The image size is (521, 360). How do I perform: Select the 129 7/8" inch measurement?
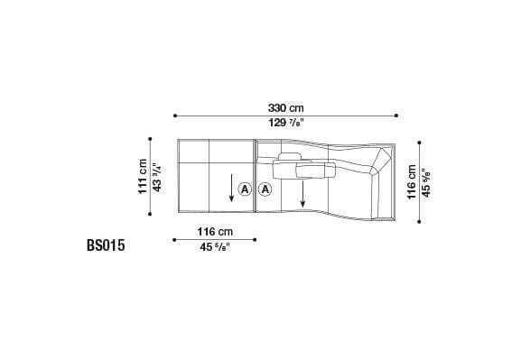coord(284,124)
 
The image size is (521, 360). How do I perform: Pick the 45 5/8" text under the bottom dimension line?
coord(215,247)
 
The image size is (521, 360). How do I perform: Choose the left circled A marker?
coord(245,189)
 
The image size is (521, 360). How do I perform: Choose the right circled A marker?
coord(265,189)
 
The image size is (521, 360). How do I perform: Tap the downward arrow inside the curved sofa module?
coord(303,190)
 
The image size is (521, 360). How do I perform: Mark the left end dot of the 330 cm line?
coord(173,115)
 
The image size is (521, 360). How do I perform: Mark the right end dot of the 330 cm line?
coord(395,115)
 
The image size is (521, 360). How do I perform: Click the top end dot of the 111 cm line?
coord(150,138)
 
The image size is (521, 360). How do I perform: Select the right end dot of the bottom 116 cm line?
coord(256,240)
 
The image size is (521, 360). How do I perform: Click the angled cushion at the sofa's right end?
coord(379,167)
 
